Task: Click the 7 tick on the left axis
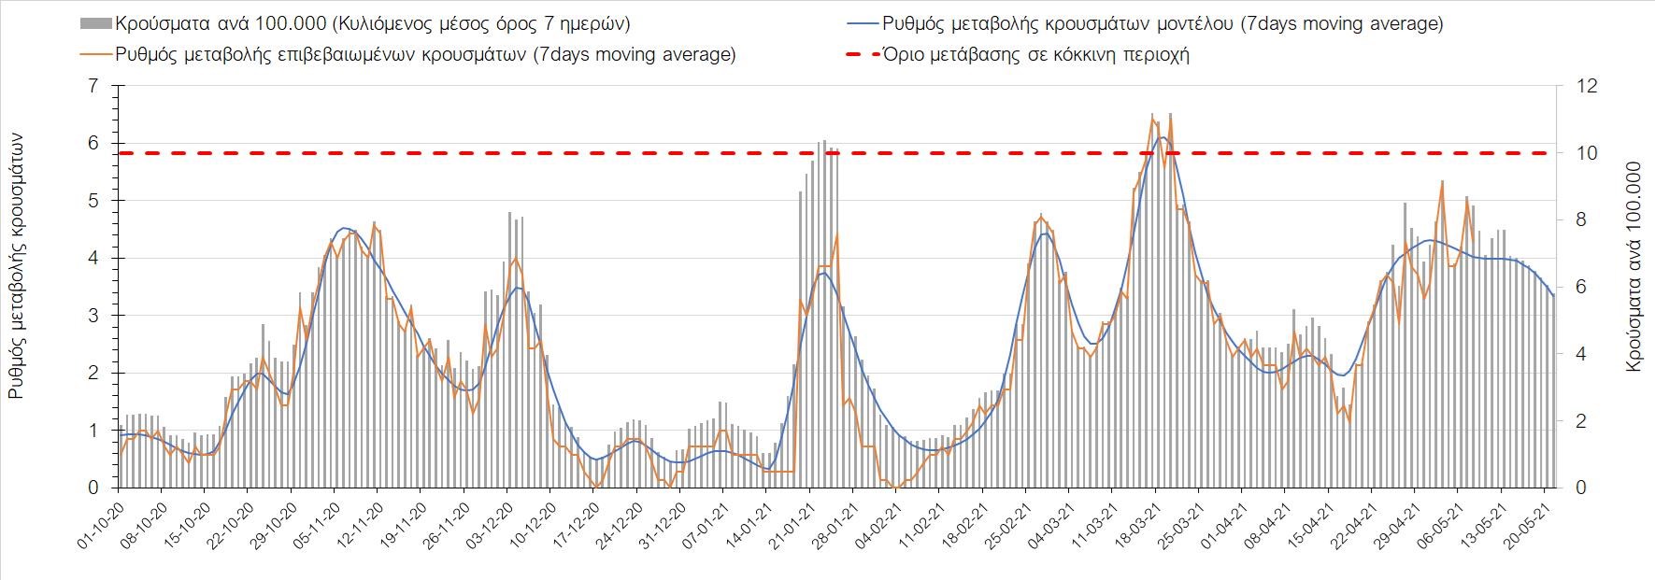(93, 86)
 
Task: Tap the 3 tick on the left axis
(93, 316)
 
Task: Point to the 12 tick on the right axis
(1589, 86)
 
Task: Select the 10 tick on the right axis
(1589, 153)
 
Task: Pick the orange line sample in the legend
(95, 54)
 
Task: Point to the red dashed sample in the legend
(861, 54)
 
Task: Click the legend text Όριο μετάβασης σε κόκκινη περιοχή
(1035, 54)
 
